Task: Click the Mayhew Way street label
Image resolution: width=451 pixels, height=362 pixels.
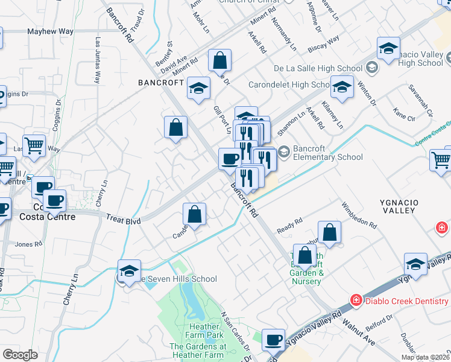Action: pos(50,31)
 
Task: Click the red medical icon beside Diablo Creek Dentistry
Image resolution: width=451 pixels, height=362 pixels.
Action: pos(356,300)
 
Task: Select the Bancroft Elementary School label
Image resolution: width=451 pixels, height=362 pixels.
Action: pos(328,153)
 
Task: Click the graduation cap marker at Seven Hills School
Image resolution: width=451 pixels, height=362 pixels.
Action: pos(130,271)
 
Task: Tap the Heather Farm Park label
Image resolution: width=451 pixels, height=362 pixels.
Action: pos(196,335)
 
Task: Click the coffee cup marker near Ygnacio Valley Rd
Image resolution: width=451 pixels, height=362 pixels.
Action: pos(274,340)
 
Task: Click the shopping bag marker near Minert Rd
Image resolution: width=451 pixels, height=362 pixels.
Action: pos(220,60)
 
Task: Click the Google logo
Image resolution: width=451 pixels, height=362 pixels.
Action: pos(20,355)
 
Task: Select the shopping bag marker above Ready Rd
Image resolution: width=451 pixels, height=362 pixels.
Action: pos(329,232)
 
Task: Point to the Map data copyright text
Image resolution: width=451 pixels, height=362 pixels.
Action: pos(425,357)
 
